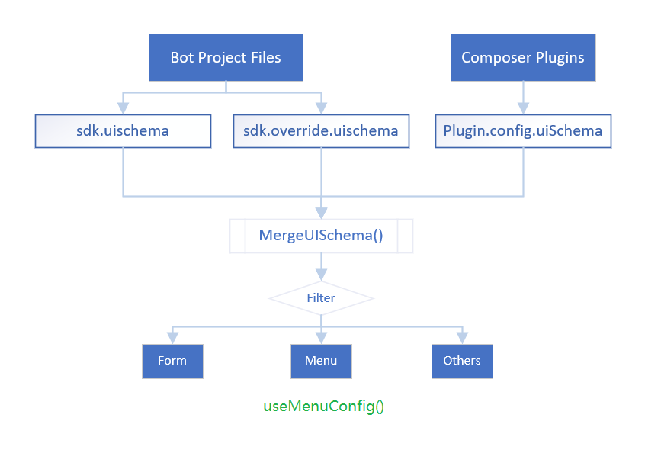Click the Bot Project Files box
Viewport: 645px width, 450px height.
point(226,57)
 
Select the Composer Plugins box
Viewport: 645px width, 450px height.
point(523,57)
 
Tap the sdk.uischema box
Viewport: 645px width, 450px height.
point(123,130)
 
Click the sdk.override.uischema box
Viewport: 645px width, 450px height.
point(320,130)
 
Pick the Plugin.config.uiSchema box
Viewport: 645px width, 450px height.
point(523,130)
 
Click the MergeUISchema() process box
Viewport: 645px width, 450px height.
point(321,236)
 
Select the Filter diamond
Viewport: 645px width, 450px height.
point(321,297)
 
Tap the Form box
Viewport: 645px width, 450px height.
point(172,361)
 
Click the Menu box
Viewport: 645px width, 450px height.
point(321,361)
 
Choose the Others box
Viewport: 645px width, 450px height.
point(462,361)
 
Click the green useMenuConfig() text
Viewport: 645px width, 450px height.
point(324,406)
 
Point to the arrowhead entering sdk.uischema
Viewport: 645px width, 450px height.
point(123,108)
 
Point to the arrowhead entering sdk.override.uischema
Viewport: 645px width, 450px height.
point(321,108)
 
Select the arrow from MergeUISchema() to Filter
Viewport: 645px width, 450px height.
point(321,267)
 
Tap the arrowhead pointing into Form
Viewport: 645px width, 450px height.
point(172,338)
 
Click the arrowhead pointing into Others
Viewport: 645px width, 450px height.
point(462,338)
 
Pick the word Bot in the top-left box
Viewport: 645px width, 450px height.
point(182,57)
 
